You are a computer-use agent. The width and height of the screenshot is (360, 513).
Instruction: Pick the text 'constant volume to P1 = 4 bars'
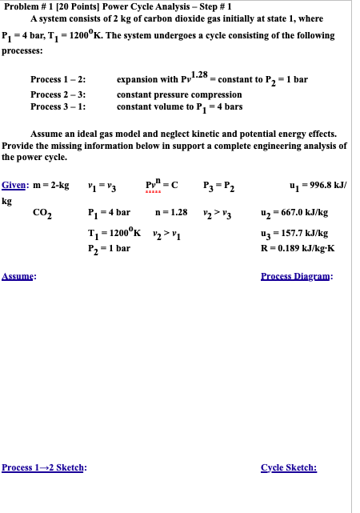[x=179, y=106]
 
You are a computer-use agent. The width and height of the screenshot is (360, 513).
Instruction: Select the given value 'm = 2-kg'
[x=53, y=186]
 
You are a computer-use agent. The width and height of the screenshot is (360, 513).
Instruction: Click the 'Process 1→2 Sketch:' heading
[x=45, y=467]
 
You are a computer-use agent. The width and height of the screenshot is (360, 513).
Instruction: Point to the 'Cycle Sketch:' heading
[x=289, y=467]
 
